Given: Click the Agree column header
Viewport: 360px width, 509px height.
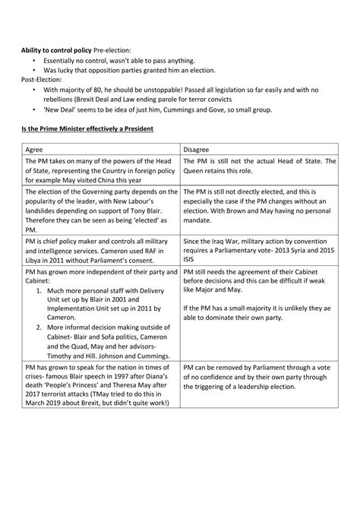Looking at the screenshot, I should coord(33,150).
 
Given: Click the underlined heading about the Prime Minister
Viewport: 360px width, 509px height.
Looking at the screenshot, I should coord(87,129).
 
